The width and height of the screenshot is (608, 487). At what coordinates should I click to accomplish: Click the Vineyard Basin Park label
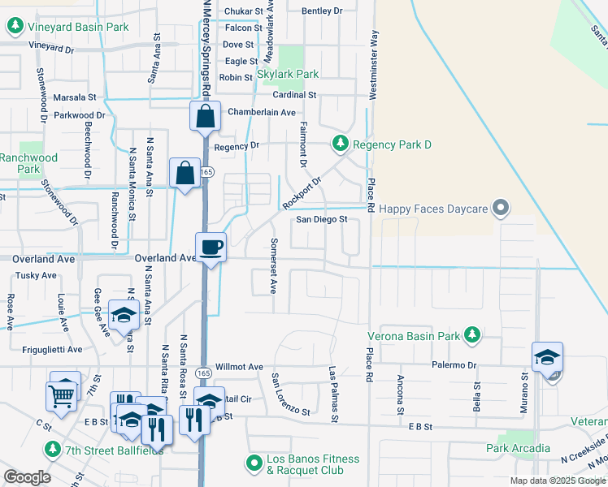click(78, 27)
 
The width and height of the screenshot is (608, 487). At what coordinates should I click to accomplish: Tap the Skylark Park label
click(288, 74)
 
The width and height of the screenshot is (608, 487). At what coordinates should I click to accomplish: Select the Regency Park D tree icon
click(341, 144)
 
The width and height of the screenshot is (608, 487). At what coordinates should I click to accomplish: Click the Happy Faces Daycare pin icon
click(502, 209)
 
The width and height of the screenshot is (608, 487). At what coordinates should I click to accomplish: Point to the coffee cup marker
click(211, 247)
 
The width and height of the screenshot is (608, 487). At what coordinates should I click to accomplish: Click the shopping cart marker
click(62, 396)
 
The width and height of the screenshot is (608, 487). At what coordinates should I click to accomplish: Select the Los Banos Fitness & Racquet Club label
click(313, 464)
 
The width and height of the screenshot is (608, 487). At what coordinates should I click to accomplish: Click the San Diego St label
click(321, 219)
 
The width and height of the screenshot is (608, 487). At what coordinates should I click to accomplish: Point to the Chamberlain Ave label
click(261, 112)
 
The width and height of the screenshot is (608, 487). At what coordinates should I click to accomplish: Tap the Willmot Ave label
click(240, 367)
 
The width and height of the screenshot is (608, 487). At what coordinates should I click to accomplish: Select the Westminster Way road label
click(374, 65)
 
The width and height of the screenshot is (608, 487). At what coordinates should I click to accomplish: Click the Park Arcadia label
click(518, 448)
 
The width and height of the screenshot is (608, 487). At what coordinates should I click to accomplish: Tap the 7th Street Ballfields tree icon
click(53, 449)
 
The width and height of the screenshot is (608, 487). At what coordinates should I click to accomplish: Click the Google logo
click(27, 477)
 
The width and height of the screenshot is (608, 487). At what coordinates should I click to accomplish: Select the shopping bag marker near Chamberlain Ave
click(205, 116)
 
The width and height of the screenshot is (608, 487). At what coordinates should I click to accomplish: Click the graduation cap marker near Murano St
click(547, 356)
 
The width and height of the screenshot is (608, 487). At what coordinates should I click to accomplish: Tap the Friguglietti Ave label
click(53, 350)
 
